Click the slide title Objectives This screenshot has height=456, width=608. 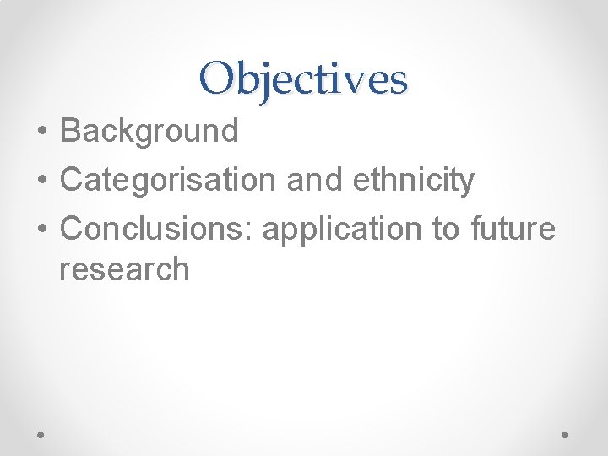(x=304, y=79)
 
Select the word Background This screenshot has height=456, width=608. (x=149, y=131)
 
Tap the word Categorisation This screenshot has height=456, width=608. (x=166, y=179)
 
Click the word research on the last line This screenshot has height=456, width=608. (x=124, y=269)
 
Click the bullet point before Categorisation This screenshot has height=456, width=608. (x=41, y=181)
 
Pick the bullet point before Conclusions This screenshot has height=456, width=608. (x=41, y=230)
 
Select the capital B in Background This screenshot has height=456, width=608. (x=71, y=131)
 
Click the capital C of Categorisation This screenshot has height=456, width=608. (x=72, y=179)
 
